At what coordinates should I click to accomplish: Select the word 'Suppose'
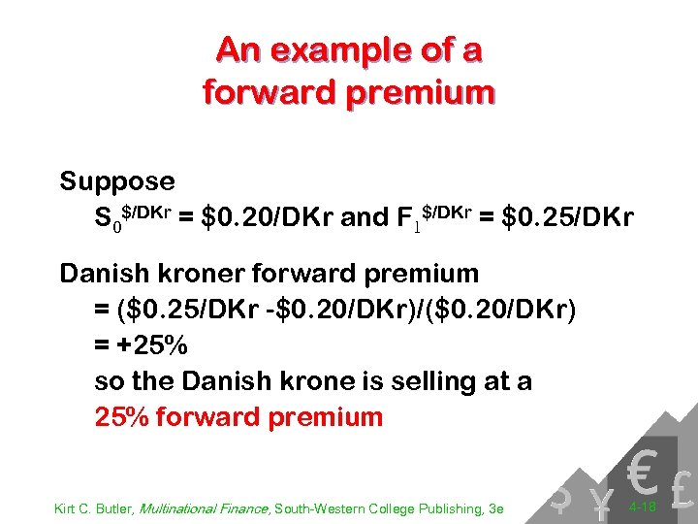[117, 181]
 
